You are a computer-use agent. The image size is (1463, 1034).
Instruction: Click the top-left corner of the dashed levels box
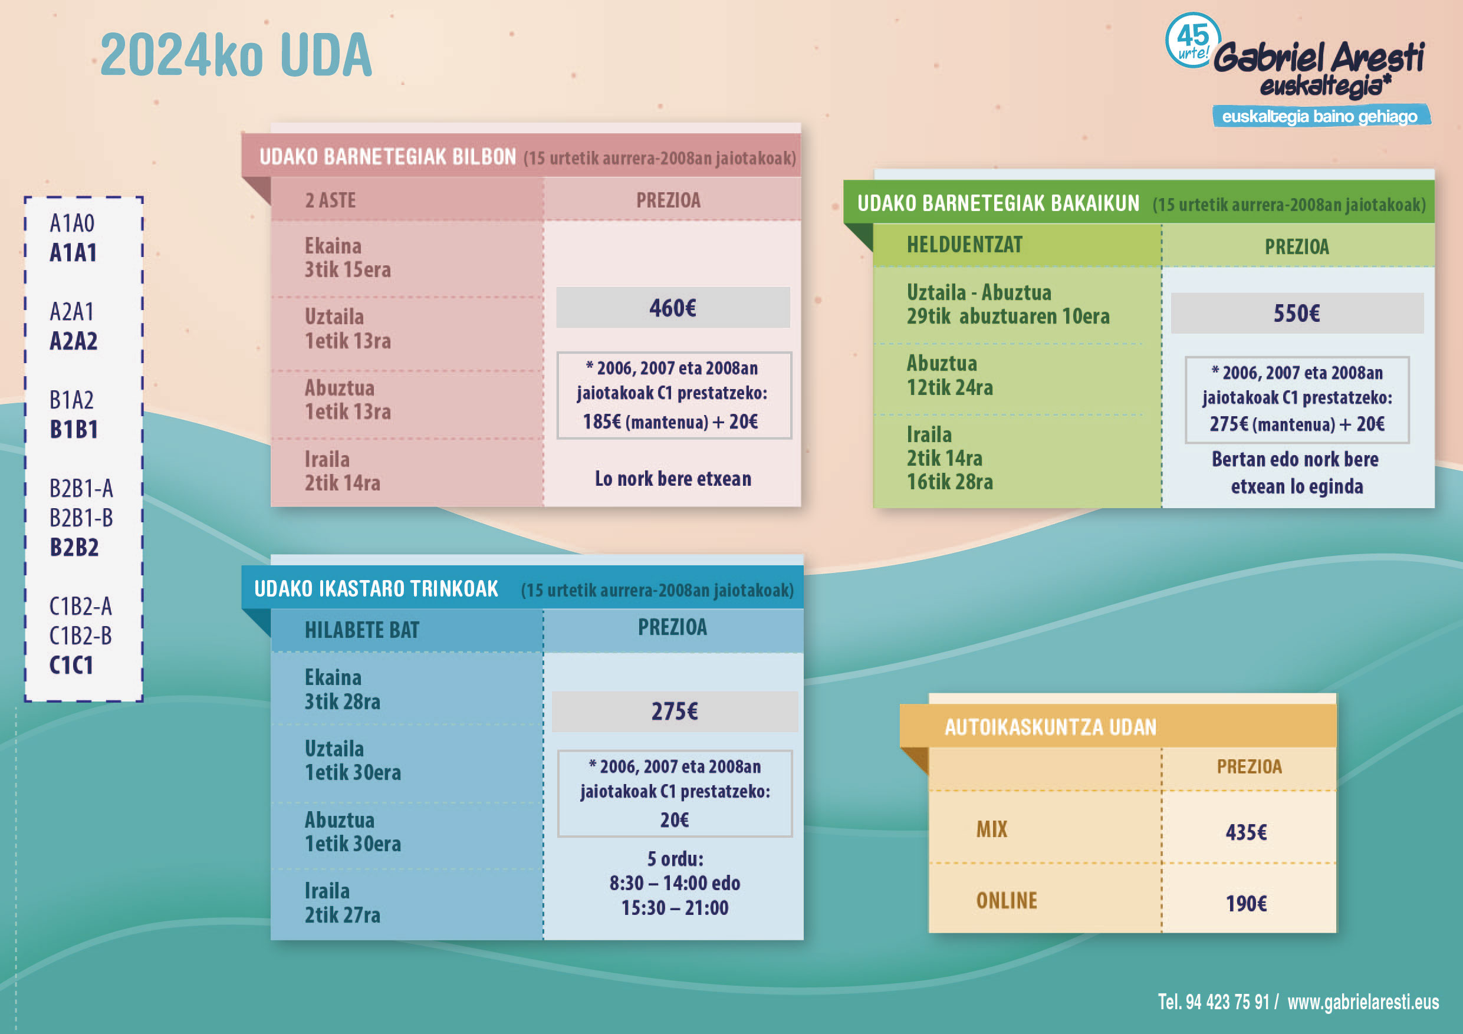click(x=25, y=197)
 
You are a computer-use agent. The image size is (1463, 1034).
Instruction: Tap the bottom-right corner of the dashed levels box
click(x=143, y=702)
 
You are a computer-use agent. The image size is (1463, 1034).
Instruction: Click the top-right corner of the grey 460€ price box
click(x=790, y=287)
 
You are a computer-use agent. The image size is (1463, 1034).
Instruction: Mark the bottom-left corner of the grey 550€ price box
click(x=1171, y=332)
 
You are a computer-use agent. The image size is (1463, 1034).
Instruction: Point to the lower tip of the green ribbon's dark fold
click(x=872, y=251)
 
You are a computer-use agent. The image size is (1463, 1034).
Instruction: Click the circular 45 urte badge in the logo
click(x=1193, y=40)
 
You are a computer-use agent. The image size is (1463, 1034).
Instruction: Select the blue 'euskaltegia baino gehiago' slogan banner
click(x=1321, y=116)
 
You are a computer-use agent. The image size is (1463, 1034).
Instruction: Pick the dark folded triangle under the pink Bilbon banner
click(x=257, y=190)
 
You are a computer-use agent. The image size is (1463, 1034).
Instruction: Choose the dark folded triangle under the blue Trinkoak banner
click(x=257, y=623)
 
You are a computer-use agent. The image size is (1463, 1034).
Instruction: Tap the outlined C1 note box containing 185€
click(x=674, y=395)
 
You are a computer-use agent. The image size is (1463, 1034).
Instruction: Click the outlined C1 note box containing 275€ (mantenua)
click(x=1297, y=400)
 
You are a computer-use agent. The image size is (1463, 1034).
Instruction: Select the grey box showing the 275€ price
click(x=675, y=711)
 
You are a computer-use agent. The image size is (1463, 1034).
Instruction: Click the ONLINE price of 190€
click(x=1247, y=903)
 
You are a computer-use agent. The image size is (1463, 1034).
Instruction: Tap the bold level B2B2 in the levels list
click(x=74, y=547)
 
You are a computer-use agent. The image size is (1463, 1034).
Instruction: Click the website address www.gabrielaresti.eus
click(x=1363, y=1002)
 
